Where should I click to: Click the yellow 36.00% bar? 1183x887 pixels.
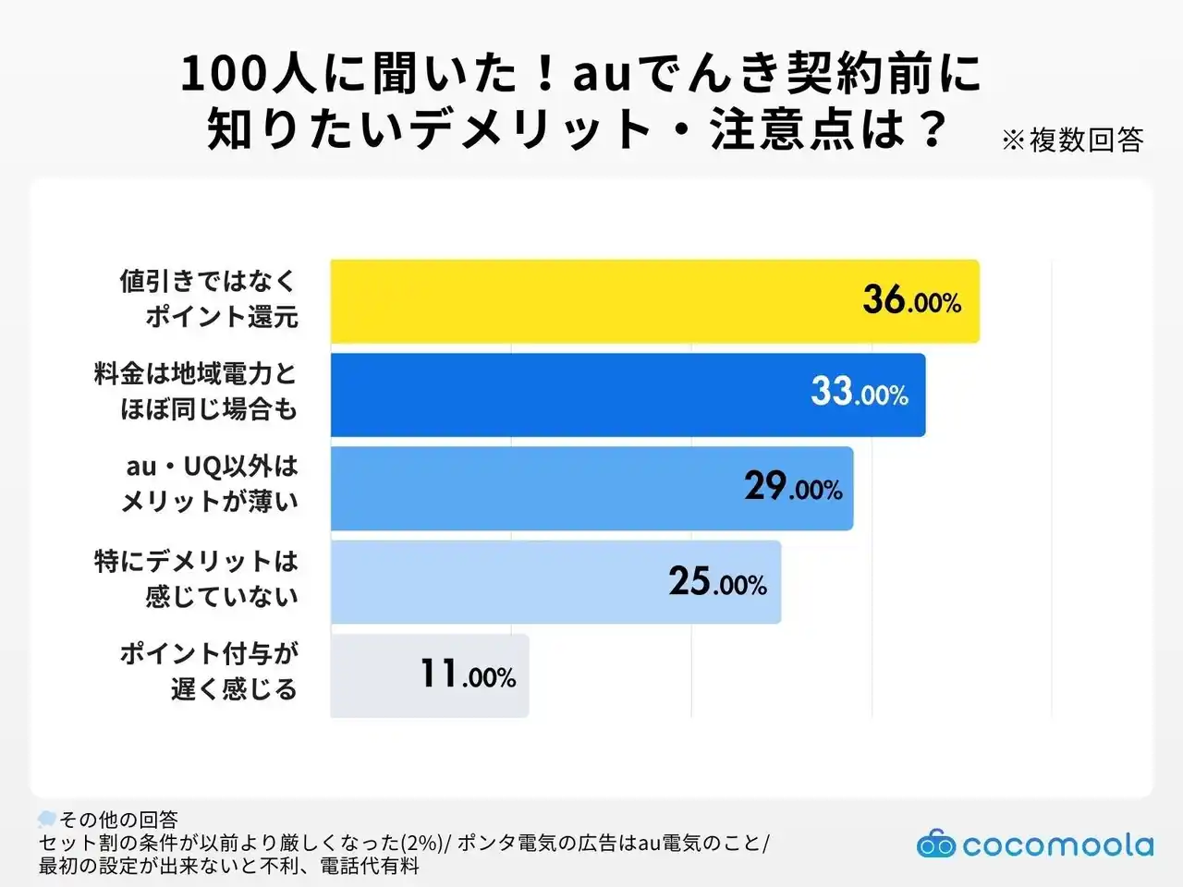point(591,301)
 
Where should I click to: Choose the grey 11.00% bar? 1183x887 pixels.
point(379,675)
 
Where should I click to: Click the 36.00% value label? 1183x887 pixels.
point(911,300)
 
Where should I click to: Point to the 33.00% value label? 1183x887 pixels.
point(859,393)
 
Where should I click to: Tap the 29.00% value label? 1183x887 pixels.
point(793,487)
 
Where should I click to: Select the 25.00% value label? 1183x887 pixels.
point(717,582)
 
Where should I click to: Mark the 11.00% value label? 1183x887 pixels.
point(468,675)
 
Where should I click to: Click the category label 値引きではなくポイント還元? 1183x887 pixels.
point(209,298)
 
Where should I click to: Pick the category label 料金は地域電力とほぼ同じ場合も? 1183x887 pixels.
point(196,391)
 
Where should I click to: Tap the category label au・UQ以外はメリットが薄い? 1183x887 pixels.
point(211,484)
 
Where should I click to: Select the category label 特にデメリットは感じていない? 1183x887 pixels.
point(196,578)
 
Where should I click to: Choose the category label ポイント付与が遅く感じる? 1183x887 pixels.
point(209,672)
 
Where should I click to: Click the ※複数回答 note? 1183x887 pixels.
point(1072,140)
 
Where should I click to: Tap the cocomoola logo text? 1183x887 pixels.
point(1057,845)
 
